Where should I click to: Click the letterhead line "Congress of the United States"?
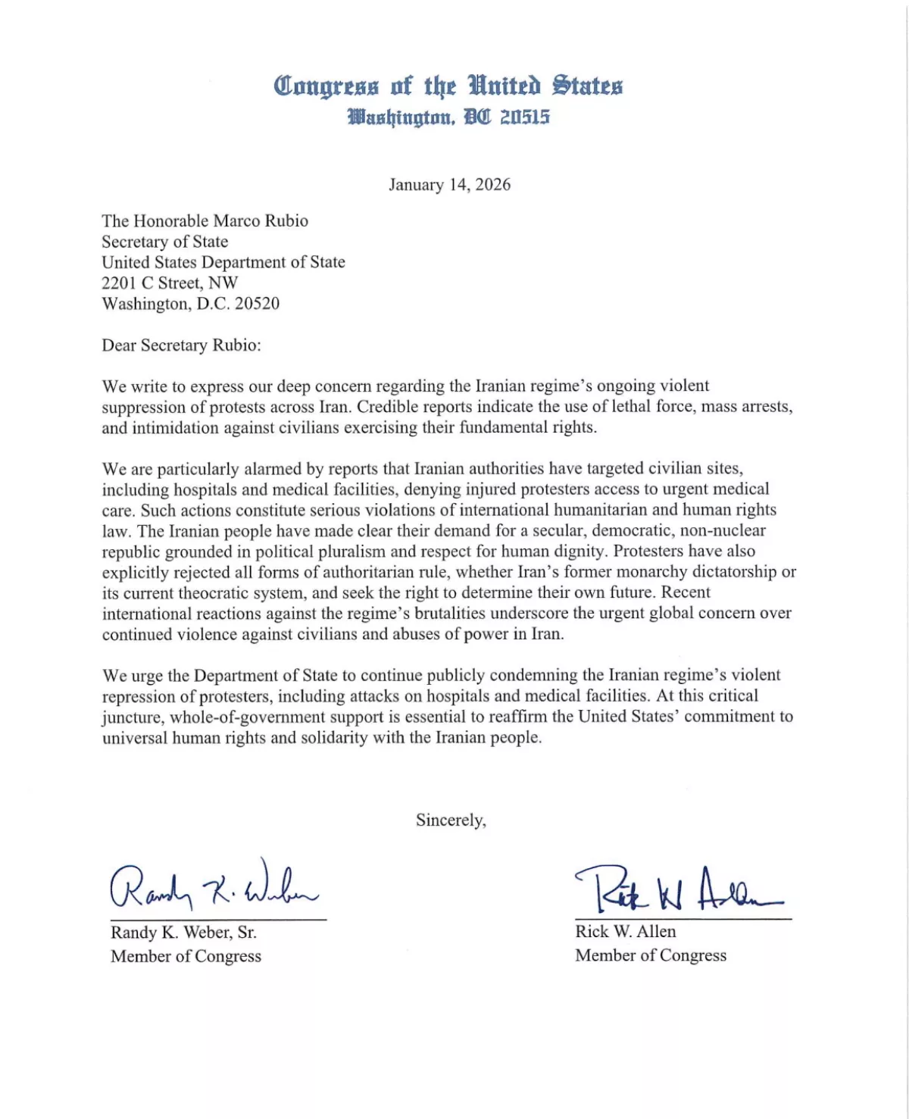pyautogui.click(x=448, y=86)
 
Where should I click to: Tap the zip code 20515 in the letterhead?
pyautogui.click(x=525, y=117)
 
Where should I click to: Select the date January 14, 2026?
pyautogui.click(x=449, y=185)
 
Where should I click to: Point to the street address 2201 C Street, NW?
pyautogui.click(x=170, y=283)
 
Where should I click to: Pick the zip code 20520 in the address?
pyautogui.click(x=257, y=304)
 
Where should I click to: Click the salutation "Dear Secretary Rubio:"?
pyautogui.click(x=181, y=345)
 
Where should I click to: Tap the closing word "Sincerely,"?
pyautogui.click(x=451, y=820)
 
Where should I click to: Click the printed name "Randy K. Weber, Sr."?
pyautogui.click(x=183, y=933)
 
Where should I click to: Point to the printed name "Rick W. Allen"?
pyautogui.click(x=625, y=932)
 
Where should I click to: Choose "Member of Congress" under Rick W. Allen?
pyautogui.click(x=650, y=955)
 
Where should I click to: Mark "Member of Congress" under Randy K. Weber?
pyautogui.click(x=186, y=956)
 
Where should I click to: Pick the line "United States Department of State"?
pyautogui.click(x=223, y=263)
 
